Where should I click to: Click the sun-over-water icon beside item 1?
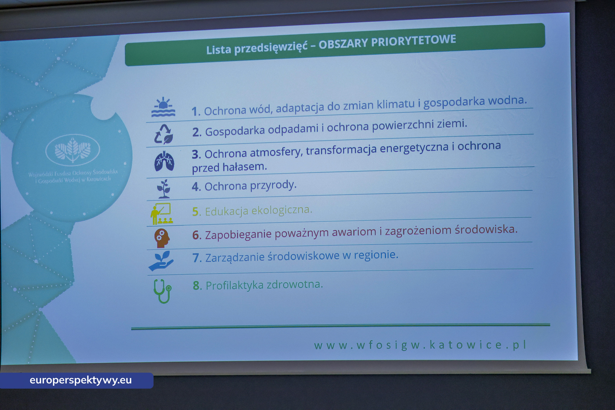click(x=163, y=107)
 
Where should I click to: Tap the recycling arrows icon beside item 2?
click(x=164, y=134)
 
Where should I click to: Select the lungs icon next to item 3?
click(x=164, y=161)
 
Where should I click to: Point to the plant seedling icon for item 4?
click(x=164, y=189)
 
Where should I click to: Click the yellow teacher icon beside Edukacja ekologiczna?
click(x=162, y=214)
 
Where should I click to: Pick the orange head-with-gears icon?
click(x=162, y=238)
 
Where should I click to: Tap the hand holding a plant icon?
click(x=161, y=261)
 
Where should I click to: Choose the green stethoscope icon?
click(x=162, y=291)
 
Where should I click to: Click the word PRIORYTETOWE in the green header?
click(x=414, y=41)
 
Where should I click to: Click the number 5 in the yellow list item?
click(x=195, y=212)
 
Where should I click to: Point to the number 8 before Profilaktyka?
click(x=196, y=286)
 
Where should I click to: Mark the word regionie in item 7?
click(x=376, y=255)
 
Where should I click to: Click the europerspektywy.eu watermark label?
click(x=80, y=380)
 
